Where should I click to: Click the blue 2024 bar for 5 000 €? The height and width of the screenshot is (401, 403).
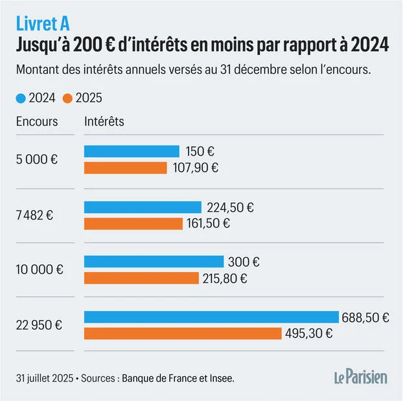[132, 151]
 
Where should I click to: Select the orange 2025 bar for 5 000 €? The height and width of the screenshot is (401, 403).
[125, 168]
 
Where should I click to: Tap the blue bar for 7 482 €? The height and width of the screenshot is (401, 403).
[143, 207]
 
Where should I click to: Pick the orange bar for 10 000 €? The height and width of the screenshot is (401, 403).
[141, 279]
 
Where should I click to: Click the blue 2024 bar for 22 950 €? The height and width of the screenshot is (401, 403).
[211, 317]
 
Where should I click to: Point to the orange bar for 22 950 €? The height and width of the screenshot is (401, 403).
[183, 334]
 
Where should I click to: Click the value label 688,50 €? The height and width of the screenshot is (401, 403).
[366, 317]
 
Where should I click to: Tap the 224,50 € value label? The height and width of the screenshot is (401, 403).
[230, 207]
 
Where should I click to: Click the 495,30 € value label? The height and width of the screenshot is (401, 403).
[310, 334]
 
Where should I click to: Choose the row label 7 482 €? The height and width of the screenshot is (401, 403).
[36, 215]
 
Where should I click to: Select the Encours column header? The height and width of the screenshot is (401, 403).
[37, 121]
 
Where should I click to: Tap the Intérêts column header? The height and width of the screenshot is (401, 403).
[104, 121]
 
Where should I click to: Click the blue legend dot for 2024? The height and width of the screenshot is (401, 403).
[20, 98]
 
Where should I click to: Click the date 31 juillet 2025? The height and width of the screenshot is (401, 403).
[45, 378]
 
